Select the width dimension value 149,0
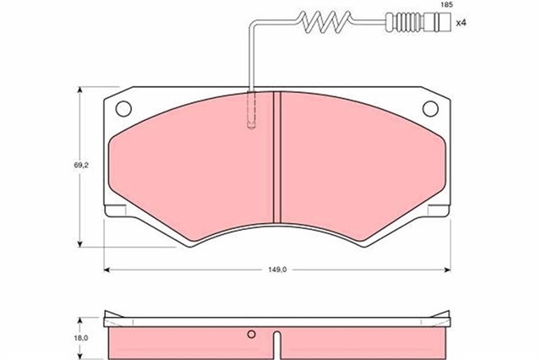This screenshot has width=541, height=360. pos(279,269)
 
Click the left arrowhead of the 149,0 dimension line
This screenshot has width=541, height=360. pos(107,269)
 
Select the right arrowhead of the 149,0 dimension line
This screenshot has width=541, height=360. pos(448,269)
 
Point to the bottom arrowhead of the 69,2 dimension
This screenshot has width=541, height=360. pos(82,244)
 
